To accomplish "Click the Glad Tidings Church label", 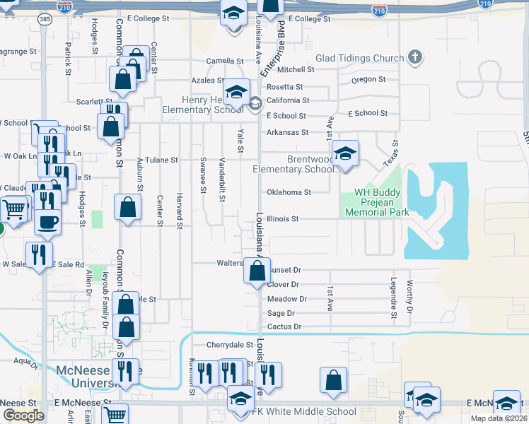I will pyautogui.click(x=359, y=58).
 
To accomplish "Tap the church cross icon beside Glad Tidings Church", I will pyautogui.click(x=414, y=57).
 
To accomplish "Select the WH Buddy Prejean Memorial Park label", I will pyautogui.click(x=372, y=202).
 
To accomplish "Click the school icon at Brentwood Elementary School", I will pyautogui.click(x=344, y=154).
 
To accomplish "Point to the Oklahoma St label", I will pyautogui.click(x=289, y=192).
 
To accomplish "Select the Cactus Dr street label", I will pyautogui.click(x=284, y=326).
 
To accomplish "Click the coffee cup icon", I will pyautogui.click(x=48, y=221).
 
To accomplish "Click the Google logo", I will pyautogui.click(x=23, y=415).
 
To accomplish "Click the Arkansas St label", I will pyautogui.click(x=287, y=132).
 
